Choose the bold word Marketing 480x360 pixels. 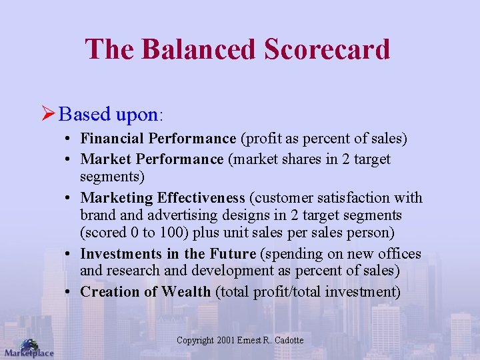[x=117, y=198]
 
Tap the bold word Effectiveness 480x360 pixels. [x=201, y=198]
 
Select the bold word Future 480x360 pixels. [x=233, y=254]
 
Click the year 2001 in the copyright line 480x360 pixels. [x=226, y=341]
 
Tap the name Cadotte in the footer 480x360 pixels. [x=289, y=341]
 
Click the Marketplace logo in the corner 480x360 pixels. [x=28, y=349]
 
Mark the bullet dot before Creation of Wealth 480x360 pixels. [x=69, y=292]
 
